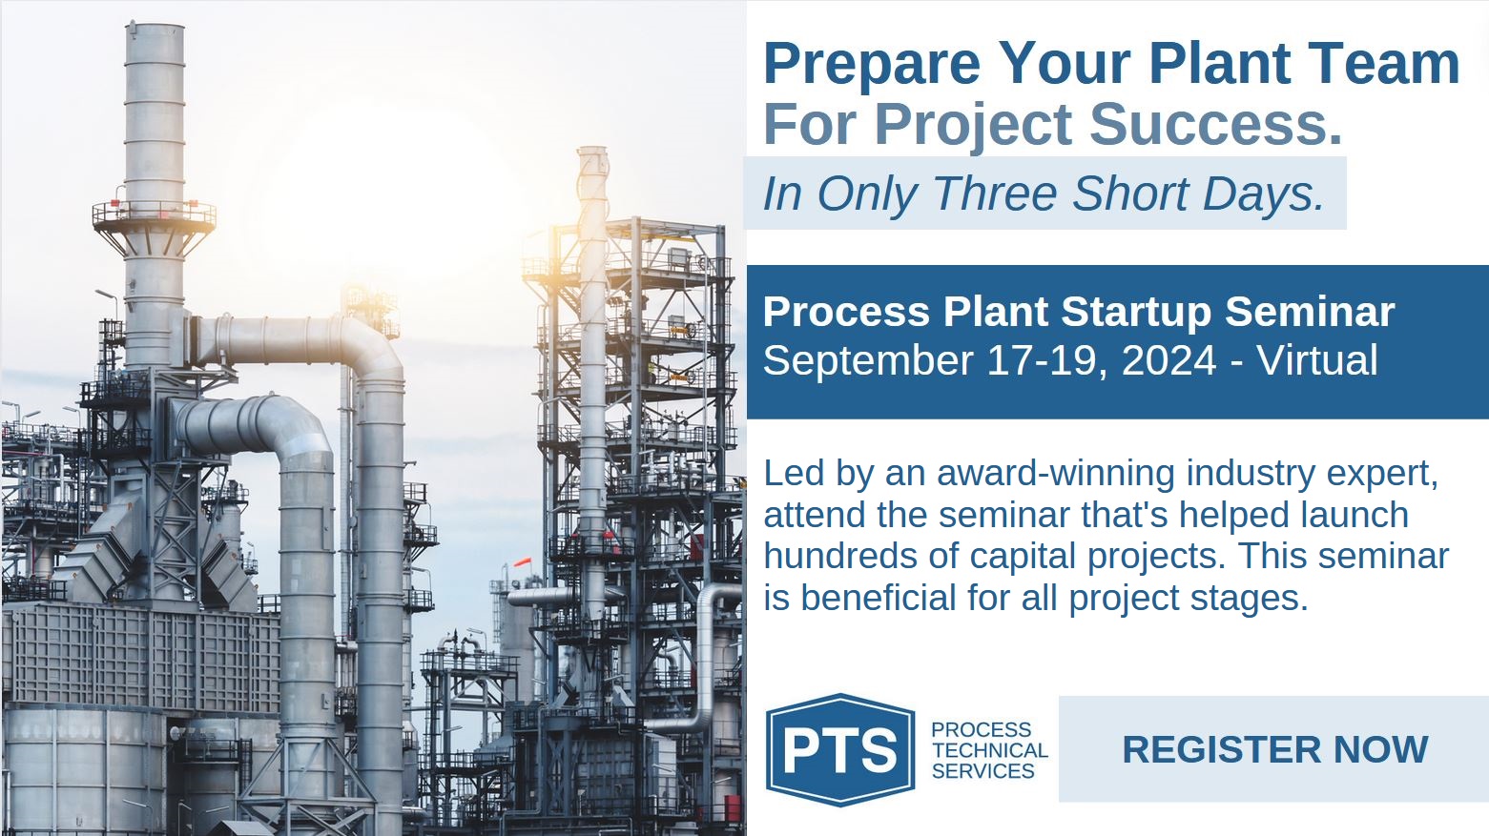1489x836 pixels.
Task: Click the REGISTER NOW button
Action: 1273,749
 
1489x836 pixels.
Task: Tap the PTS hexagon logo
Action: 840,749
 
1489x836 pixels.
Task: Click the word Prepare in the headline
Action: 872,65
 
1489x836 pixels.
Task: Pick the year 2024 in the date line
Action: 1168,360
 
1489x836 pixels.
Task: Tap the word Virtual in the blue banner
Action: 1317,360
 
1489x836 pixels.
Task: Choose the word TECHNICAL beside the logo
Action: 990,750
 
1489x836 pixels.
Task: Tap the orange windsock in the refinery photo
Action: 523,562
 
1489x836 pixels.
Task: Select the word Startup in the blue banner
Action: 1136,313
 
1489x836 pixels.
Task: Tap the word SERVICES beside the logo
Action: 983,771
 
